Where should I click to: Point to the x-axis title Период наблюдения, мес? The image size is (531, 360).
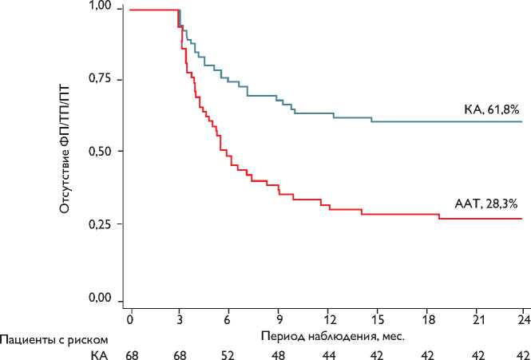(x=332, y=335)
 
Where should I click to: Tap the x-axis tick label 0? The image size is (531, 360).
(x=129, y=318)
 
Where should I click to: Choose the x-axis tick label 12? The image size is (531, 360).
(x=328, y=318)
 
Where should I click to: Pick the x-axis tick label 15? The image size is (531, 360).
(x=378, y=318)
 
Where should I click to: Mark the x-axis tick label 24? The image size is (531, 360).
(x=523, y=318)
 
